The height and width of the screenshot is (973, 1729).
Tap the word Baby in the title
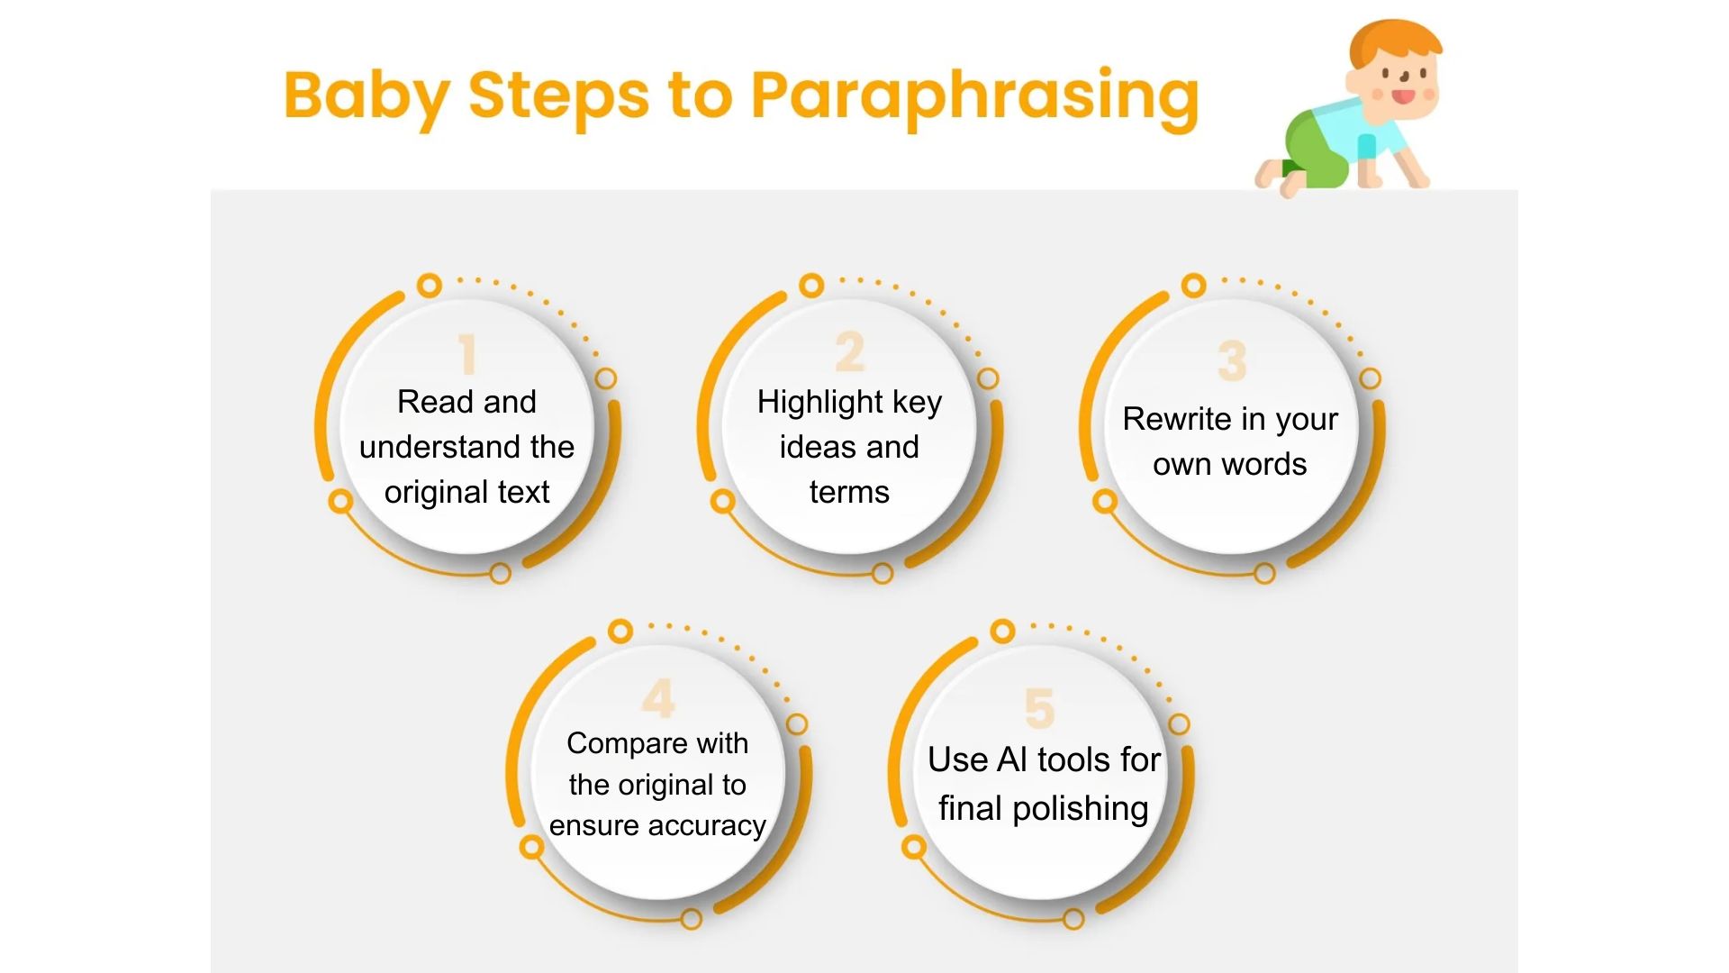coord(367,95)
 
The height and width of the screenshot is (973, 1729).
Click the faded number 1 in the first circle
coord(466,354)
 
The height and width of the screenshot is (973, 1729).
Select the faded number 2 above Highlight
coord(849,352)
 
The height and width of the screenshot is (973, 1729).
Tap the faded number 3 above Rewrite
coord(1231,360)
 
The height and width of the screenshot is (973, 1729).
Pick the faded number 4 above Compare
coord(658,698)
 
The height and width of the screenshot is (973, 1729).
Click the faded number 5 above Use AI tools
coord(1039,707)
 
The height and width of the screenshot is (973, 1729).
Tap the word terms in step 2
coord(849,492)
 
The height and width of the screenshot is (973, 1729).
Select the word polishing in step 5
coord(1081,808)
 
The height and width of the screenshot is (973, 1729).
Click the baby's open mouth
coord(1403,95)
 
